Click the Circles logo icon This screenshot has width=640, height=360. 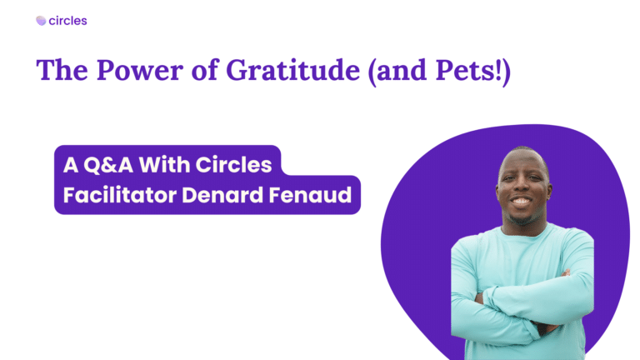[x=41, y=21]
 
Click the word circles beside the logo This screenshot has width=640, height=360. [x=67, y=21]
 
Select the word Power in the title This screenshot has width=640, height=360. [x=140, y=71]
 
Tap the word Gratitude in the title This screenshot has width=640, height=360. [x=292, y=70]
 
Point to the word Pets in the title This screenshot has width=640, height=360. [x=465, y=71]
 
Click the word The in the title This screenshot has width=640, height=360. [x=62, y=70]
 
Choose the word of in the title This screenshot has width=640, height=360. [x=205, y=70]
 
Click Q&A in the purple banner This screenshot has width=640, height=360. [x=108, y=165]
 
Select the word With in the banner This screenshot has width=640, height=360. [x=164, y=164]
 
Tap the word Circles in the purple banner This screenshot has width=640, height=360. [x=234, y=164]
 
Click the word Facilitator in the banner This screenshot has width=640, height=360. [x=120, y=195]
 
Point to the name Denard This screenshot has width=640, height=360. [x=222, y=195]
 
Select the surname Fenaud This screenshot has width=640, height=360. [x=310, y=195]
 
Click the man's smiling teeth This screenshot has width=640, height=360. [x=521, y=201]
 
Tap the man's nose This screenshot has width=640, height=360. [x=522, y=187]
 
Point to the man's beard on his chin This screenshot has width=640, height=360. [x=522, y=217]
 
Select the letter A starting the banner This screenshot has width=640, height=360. [x=71, y=165]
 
